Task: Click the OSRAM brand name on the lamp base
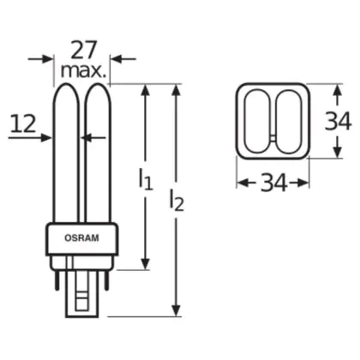click(x=81, y=237)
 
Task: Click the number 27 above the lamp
click(x=84, y=51)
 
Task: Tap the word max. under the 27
click(x=83, y=72)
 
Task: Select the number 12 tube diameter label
click(x=23, y=123)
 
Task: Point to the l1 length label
click(x=146, y=179)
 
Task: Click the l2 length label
click(x=177, y=201)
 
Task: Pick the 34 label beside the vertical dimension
click(x=338, y=122)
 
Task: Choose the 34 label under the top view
click(x=273, y=183)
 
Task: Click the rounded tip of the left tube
click(x=66, y=85)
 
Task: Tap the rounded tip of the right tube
click(x=98, y=85)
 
